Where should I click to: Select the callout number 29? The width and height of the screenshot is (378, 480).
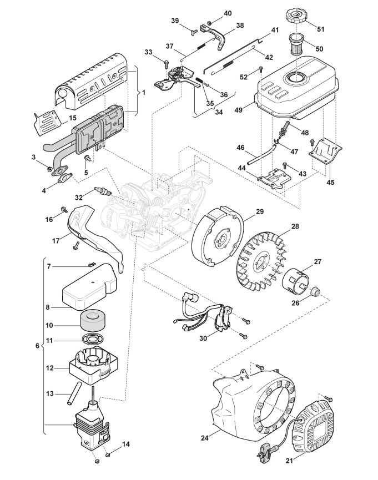point(259,211)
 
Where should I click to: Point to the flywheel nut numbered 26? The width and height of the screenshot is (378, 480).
point(315,291)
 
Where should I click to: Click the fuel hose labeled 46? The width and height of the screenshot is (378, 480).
point(261,153)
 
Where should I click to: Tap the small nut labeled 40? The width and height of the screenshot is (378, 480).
point(210,23)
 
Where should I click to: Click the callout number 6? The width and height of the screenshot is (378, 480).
point(38,346)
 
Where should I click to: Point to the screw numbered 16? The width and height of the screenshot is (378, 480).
point(64,210)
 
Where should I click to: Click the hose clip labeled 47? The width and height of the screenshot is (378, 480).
point(278,141)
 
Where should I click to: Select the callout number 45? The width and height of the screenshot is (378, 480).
point(330,182)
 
